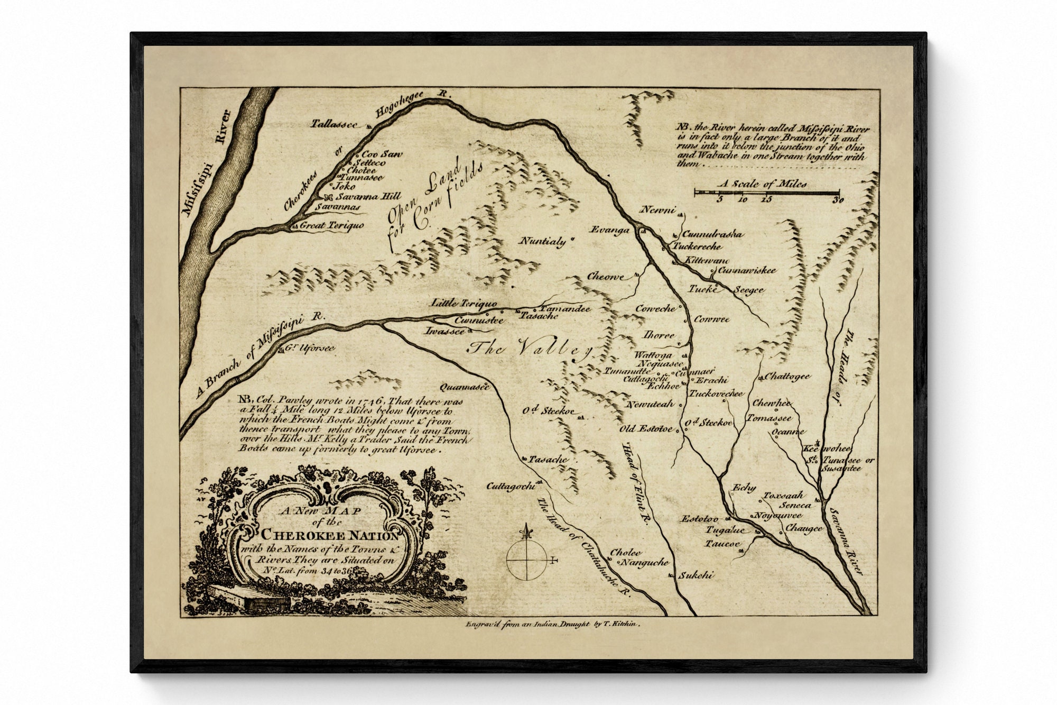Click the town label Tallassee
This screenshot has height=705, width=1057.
[x=333, y=124]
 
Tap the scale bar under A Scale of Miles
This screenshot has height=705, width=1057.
[x=766, y=193]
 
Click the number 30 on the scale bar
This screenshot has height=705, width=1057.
[x=837, y=200]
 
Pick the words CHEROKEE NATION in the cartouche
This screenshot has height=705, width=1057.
[x=331, y=534]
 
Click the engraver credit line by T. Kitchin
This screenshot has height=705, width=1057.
[x=553, y=625]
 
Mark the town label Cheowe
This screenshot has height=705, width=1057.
[x=606, y=277]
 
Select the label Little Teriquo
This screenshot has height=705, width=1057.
[x=463, y=303]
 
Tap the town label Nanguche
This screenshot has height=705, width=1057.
[x=644, y=563]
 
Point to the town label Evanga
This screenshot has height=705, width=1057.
[x=610, y=230]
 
